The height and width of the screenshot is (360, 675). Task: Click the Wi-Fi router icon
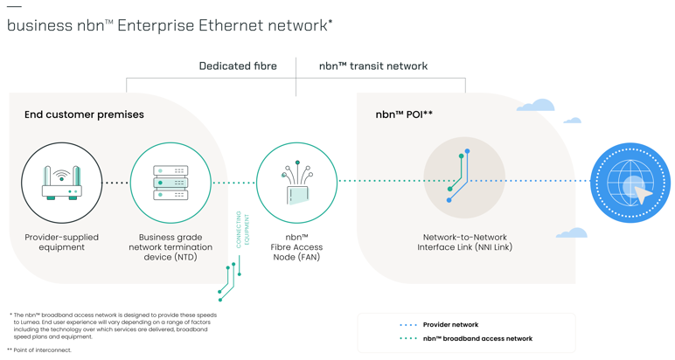coord(62,183)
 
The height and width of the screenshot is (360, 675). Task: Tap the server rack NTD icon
coord(170,183)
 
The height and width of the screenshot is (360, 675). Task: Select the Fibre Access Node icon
coord(296,183)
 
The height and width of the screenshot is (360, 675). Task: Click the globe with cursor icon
coord(630,183)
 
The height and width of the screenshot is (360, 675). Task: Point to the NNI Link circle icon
coord(464,177)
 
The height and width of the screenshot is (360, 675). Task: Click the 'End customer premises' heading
coord(84,114)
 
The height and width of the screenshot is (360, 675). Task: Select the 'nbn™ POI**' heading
coord(404,114)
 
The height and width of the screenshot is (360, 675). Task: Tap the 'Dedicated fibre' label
coord(238,66)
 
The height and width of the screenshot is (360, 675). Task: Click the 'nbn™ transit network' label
coord(373,66)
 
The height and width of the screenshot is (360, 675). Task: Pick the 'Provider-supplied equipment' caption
coord(62,242)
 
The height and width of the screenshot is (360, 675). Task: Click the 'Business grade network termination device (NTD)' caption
coord(170,247)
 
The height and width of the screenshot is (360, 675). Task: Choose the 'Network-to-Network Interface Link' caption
coord(464,242)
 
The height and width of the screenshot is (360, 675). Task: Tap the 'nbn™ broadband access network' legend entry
coord(477,339)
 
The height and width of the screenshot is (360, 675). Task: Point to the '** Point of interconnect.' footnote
coord(40,350)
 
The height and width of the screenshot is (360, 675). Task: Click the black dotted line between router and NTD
coord(116,183)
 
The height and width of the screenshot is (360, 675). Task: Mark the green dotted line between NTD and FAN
coord(233,183)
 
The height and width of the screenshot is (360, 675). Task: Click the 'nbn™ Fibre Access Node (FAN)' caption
coord(296,247)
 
